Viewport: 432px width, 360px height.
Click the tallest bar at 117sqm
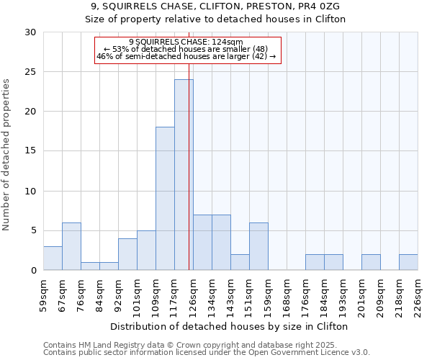(x=184, y=175)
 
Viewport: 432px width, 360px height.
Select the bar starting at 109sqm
(x=165, y=199)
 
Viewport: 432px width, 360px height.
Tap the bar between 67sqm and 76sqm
(x=71, y=246)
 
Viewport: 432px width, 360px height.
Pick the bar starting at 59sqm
(x=53, y=258)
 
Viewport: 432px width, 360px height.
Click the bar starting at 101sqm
(x=146, y=251)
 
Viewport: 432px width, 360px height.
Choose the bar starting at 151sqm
(x=258, y=246)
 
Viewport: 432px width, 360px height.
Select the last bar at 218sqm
(x=408, y=262)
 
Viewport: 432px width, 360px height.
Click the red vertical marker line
(x=189, y=144)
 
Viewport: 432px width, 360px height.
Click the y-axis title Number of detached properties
(x=6, y=156)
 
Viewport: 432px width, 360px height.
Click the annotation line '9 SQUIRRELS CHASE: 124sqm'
(x=186, y=42)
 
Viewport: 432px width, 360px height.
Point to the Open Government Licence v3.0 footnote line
(x=206, y=352)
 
